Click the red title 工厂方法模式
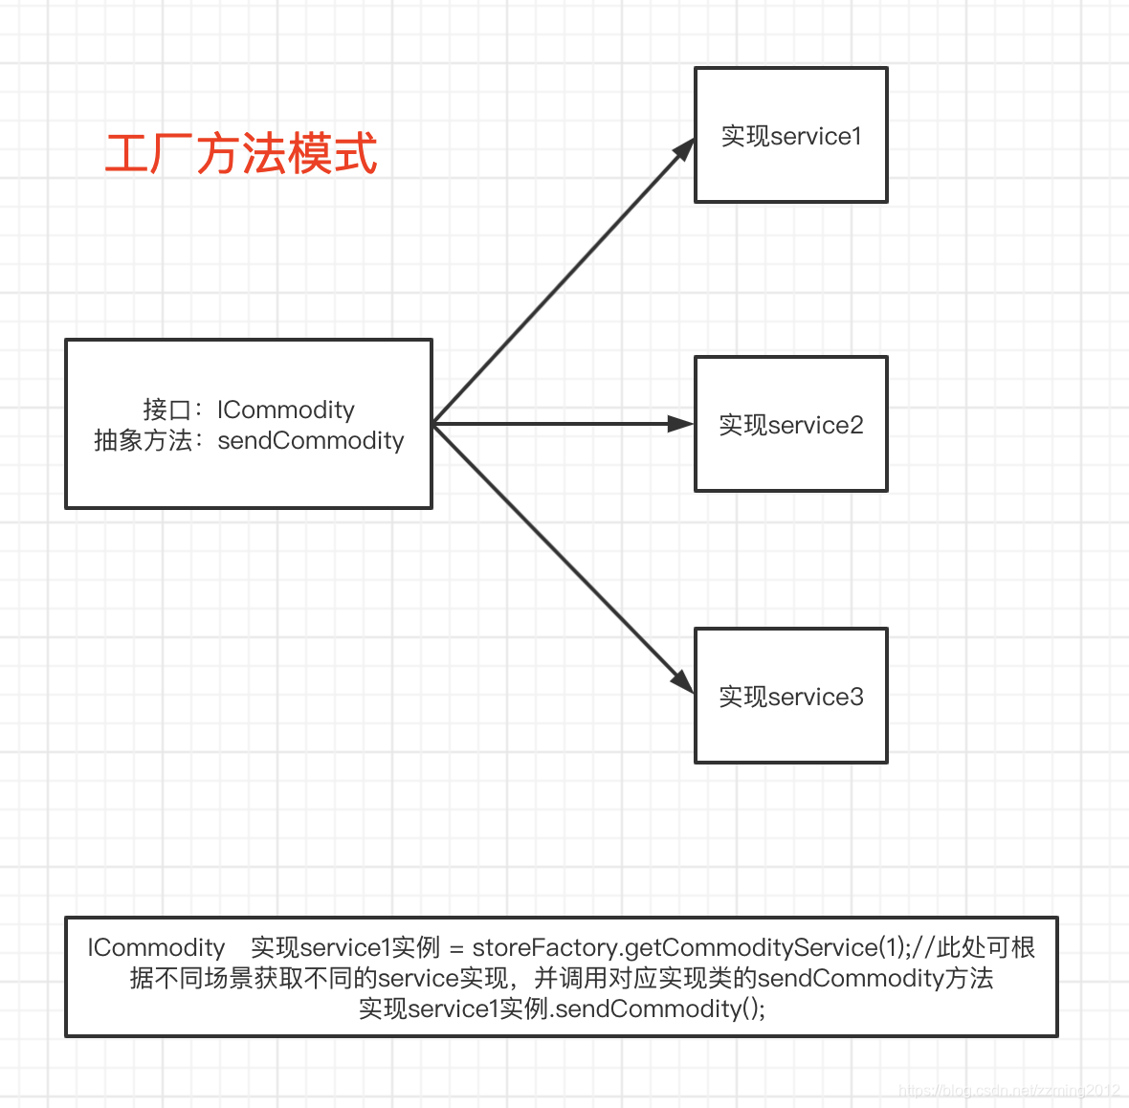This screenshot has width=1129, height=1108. pos(241,154)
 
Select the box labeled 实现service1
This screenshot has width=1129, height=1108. pos(790,135)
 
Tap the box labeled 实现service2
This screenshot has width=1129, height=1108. pos(790,424)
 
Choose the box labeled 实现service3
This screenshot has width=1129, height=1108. pos(790,696)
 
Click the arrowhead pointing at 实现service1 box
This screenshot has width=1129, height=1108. pos(685,149)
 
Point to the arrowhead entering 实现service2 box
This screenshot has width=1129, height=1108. pos(681,424)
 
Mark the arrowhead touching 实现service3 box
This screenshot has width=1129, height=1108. pos(683,681)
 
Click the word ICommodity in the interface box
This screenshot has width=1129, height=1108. pos(285,410)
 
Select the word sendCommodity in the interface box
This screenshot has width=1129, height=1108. pos(311,440)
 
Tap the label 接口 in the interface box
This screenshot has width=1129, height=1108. pos(166,410)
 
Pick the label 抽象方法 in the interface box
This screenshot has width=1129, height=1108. pos(143,440)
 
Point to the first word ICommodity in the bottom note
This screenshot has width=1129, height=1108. pos(156,947)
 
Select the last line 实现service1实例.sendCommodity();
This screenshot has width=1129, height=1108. pos(562,1008)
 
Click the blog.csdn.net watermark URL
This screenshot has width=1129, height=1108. pos(1008,1090)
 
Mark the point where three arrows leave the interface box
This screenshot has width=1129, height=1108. pos(433,424)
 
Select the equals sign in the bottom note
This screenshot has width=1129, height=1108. pos(456,948)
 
